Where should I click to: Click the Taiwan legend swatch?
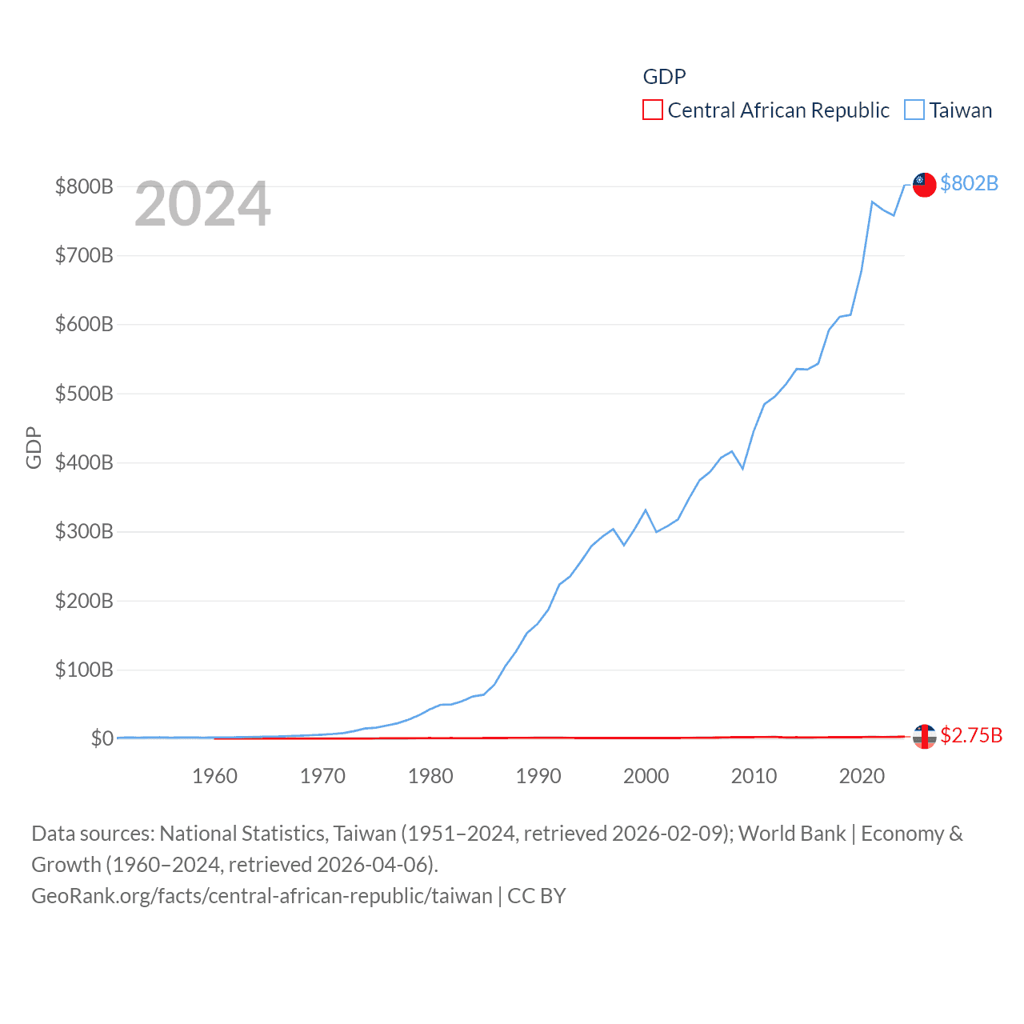[x=914, y=110]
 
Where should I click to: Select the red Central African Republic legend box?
[x=653, y=110]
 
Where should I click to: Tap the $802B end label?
[x=969, y=183]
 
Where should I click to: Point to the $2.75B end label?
[x=970, y=735]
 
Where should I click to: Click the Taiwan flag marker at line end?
[x=924, y=184]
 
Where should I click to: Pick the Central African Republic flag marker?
[x=924, y=736]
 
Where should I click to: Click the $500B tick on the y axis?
[x=84, y=394]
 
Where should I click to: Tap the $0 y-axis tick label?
[x=102, y=738]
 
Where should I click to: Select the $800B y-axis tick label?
[x=84, y=186]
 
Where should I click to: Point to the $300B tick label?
[x=84, y=531]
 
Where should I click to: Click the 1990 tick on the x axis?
[x=538, y=776]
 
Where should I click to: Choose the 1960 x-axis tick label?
[x=214, y=776]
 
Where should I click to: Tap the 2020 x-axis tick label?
[x=862, y=776]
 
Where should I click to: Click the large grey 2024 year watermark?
[x=202, y=204]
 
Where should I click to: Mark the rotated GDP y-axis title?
[x=34, y=448]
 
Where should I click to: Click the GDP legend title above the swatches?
[x=664, y=77]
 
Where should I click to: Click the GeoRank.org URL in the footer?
[x=262, y=896]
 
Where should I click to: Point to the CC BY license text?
[x=537, y=896]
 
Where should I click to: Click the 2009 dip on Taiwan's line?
[x=742, y=468]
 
